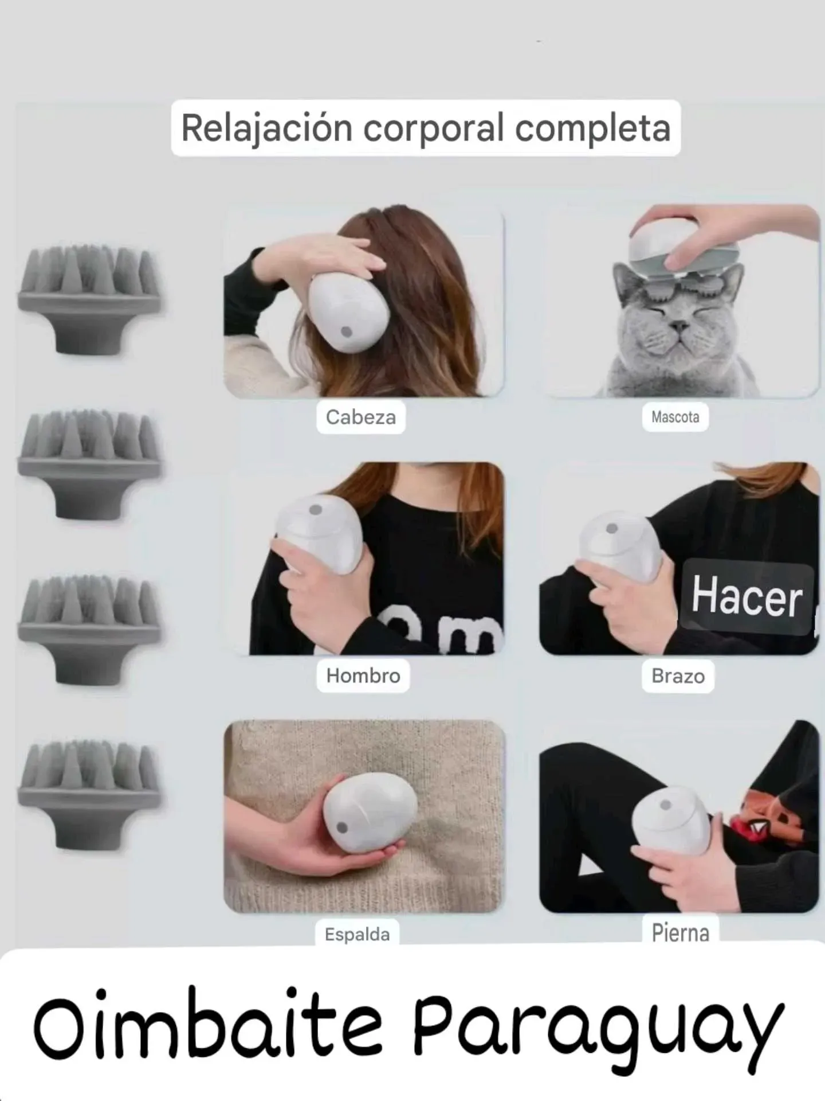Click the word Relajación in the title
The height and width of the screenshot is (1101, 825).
click(x=266, y=127)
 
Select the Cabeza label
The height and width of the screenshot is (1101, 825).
click(x=361, y=417)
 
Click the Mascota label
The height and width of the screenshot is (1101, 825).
click(x=675, y=417)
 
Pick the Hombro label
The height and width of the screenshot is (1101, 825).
click(x=363, y=676)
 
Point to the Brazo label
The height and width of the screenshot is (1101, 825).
click(x=678, y=676)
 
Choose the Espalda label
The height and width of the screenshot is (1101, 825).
click(x=357, y=935)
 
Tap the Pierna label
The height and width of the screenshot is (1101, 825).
click(x=680, y=933)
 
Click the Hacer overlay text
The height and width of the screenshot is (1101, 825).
click(x=747, y=596)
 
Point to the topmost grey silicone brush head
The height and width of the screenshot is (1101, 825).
click(x=90, y=301)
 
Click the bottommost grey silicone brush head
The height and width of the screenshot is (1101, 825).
click(x=90, y=794)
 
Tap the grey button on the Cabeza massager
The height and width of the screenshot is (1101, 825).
click(x=346, y=332)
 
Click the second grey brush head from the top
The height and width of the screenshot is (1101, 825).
click(x=90, y=464)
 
